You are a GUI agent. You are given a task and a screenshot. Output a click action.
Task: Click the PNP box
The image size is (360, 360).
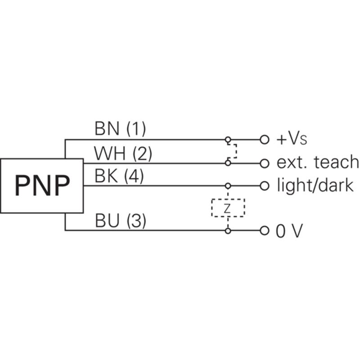(41, 185)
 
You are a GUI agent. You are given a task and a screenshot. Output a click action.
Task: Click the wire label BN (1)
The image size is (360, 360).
(120, 130)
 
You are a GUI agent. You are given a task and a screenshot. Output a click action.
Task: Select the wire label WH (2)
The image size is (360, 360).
(122, 154)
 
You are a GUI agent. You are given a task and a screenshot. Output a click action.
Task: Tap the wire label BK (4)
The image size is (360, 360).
(119, 176)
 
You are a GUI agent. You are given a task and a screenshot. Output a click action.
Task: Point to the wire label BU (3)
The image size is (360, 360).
(120, 221)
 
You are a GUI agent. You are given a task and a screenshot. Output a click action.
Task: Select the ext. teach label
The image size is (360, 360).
(318, 162)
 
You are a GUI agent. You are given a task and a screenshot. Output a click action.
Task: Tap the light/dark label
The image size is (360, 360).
(315, 185)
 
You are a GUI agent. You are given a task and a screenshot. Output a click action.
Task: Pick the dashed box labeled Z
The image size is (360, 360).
(228, 207)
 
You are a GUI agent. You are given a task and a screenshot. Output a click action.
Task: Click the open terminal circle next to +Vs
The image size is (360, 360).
(264, 139)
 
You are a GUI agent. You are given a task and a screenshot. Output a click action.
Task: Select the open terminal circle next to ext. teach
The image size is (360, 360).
(264, 162)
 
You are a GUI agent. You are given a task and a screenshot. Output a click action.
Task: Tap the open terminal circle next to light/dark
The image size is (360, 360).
(264, 185)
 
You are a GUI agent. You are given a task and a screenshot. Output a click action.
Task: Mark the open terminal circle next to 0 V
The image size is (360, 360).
(264, 231)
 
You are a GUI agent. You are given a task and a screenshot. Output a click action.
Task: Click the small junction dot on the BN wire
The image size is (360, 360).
(228, 139)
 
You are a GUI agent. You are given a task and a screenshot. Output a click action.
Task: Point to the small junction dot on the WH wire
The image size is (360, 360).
(228, 162)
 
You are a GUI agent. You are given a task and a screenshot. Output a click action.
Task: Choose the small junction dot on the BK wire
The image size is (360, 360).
(228, 185)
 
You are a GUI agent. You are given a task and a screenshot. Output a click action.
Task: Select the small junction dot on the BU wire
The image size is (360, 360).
(228, 231)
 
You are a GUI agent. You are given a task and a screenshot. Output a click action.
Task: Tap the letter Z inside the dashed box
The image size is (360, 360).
(227, 208)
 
